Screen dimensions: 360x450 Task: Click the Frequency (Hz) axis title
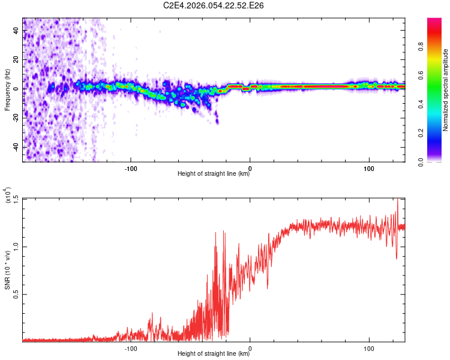click(7, 90)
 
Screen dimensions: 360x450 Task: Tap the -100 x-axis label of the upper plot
click(130, 167)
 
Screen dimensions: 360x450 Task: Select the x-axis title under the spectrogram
click(214, 174)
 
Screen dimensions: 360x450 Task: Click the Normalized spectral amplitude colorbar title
click(446, 90)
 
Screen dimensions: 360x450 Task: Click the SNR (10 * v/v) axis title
click(8, 270)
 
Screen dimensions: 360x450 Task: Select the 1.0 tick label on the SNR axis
click(16, 246)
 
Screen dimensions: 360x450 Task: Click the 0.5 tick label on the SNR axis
click(16, 294)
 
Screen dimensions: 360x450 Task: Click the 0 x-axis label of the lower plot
click(250, 347)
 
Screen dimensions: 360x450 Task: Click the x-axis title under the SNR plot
click(214, 354)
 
